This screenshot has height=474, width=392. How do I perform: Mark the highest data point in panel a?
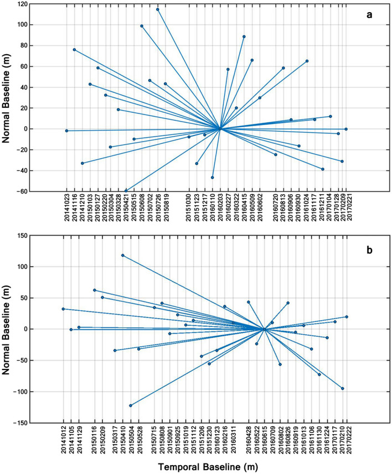click(158, 9)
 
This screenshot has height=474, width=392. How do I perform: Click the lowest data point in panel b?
click(131, 405)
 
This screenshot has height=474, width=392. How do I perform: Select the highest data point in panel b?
click(122, 255)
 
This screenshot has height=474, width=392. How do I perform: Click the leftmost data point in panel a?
click(66, 131)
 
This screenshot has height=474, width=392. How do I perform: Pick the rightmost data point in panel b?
click(347, 317)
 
